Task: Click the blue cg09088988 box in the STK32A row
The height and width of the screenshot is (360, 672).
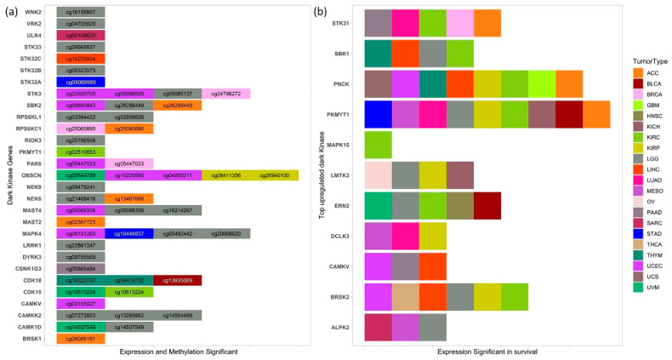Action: (x=81, y=83)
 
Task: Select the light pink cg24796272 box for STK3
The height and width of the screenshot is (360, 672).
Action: (x=225, y=94)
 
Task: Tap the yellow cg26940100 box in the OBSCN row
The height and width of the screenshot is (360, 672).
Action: (x=274, y=174)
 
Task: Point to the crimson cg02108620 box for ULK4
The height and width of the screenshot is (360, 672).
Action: (x=81, y=36)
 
